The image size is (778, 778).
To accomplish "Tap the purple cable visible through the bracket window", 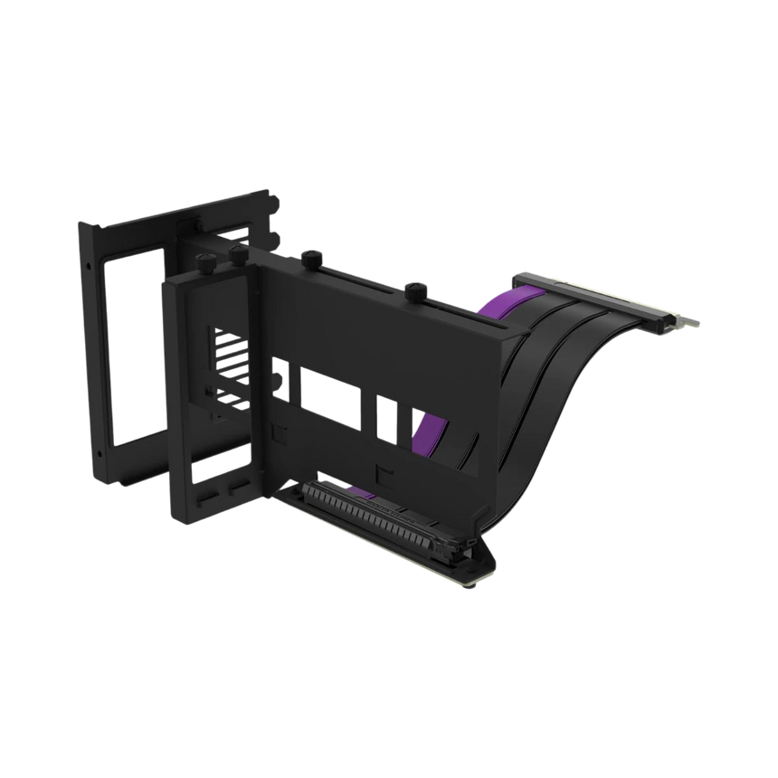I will tap(433, 424).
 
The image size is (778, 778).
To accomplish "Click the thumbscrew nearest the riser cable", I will tap(416, 290).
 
